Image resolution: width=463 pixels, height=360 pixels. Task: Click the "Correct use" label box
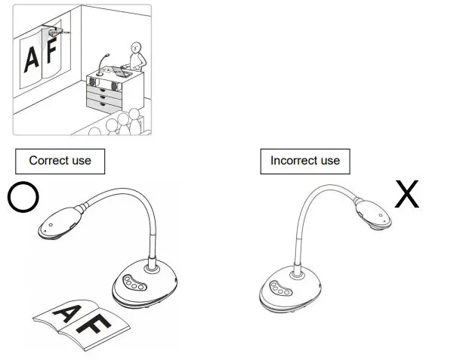(60, 161)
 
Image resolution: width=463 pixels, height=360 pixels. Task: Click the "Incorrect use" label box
(305, 161)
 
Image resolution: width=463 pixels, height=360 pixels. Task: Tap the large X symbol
(407, 195)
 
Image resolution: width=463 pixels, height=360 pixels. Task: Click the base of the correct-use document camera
(145, 285)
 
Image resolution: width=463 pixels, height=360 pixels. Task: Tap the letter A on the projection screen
(31, 58)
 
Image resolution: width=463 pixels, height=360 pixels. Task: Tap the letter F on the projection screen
(53, 54)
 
